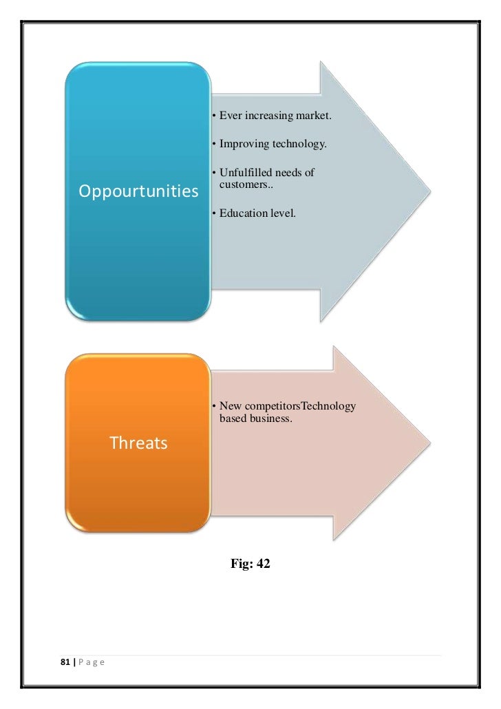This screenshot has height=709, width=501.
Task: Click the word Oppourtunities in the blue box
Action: tap(138, 191)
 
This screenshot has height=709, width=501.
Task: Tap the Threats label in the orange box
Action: tap(138, 443)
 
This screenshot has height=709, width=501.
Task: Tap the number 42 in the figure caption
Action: tap(263, 564)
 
